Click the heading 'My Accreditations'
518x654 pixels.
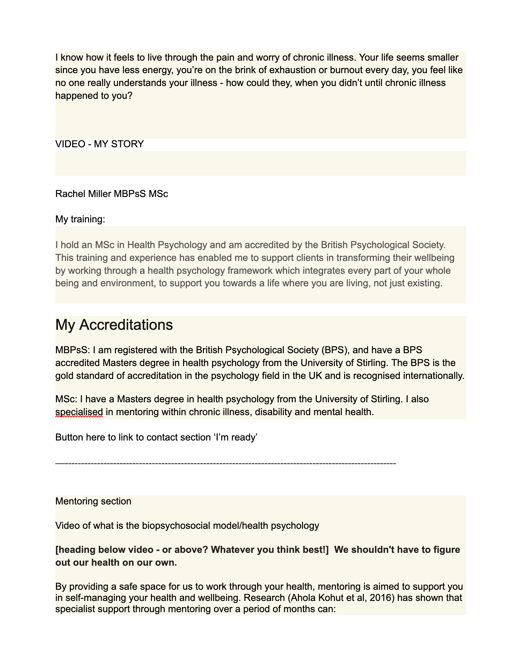pos(114,325)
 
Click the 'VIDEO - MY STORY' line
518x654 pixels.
pos(99,144)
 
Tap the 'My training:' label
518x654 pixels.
pos(80,219)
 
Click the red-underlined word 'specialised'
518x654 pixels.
pos(79,412)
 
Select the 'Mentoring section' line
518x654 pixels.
pos(93,501)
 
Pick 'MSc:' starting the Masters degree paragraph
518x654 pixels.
pos(66,399)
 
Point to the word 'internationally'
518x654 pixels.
pos(433,376)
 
